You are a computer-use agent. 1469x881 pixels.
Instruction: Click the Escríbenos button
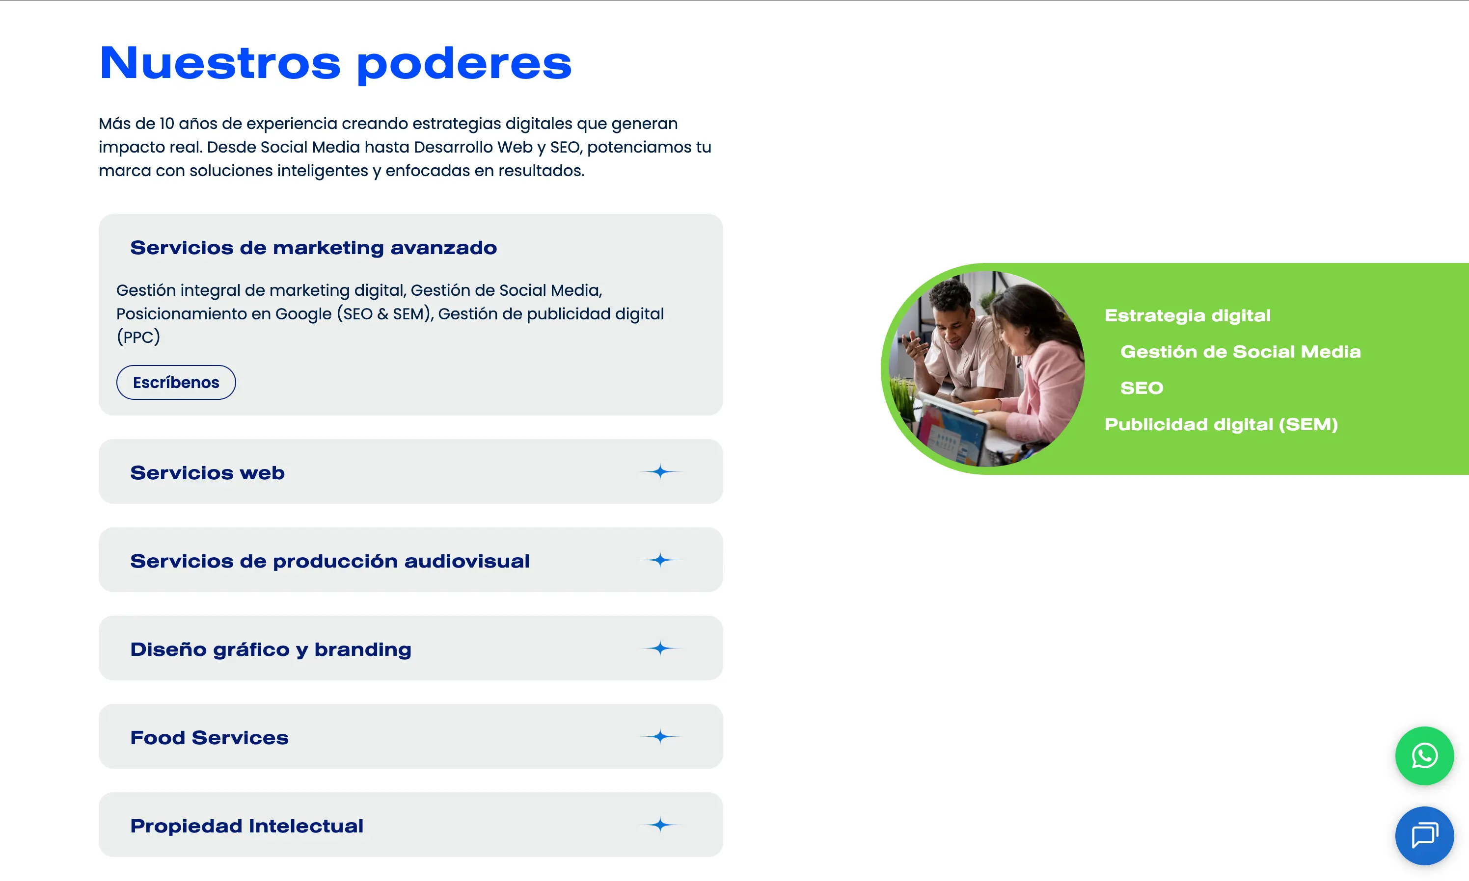(176, 382)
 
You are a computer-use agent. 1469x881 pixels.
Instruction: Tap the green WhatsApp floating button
(1424, 756)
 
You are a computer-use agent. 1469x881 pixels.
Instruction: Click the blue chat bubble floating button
(1424, 835)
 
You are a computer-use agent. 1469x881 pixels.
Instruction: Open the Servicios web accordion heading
(207, 472)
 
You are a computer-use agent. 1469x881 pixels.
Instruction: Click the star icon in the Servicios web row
(660, 472)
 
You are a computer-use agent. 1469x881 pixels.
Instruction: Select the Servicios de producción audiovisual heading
(329, 561)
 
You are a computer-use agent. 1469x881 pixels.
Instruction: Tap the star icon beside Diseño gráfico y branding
(660, 648)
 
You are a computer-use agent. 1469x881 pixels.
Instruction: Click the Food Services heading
(209, 737)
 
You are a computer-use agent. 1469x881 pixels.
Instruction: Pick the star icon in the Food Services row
(660, 737)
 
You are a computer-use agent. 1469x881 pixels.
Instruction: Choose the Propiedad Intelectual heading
(246, 826)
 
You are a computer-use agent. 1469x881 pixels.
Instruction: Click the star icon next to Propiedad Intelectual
(660, 825)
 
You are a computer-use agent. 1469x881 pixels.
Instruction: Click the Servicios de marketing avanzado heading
(313, 248)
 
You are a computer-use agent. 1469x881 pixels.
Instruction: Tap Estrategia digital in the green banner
(1188, 316)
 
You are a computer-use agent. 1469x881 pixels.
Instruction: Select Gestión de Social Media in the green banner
(1240, 351)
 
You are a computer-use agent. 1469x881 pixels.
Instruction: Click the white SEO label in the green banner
(1141, 388)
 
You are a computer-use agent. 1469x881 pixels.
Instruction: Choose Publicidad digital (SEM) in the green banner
(1221, 424)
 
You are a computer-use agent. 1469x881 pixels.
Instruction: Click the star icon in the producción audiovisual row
(660, 560)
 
